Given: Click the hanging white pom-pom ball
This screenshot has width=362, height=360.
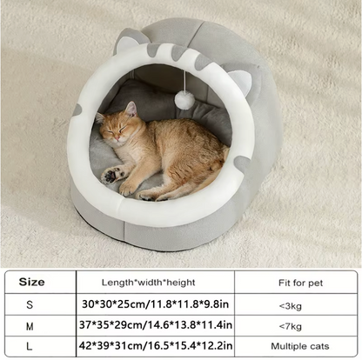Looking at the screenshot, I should [184, 101].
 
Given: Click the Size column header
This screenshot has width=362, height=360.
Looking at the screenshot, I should [31, 282].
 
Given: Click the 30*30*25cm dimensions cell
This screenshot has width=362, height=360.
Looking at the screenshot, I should [154, 303].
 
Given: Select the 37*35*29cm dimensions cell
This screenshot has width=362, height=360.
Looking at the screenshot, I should [154, 324].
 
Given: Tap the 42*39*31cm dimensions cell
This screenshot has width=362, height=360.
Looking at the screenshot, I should [154, 344].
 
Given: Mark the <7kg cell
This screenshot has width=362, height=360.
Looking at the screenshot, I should [292, 324].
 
